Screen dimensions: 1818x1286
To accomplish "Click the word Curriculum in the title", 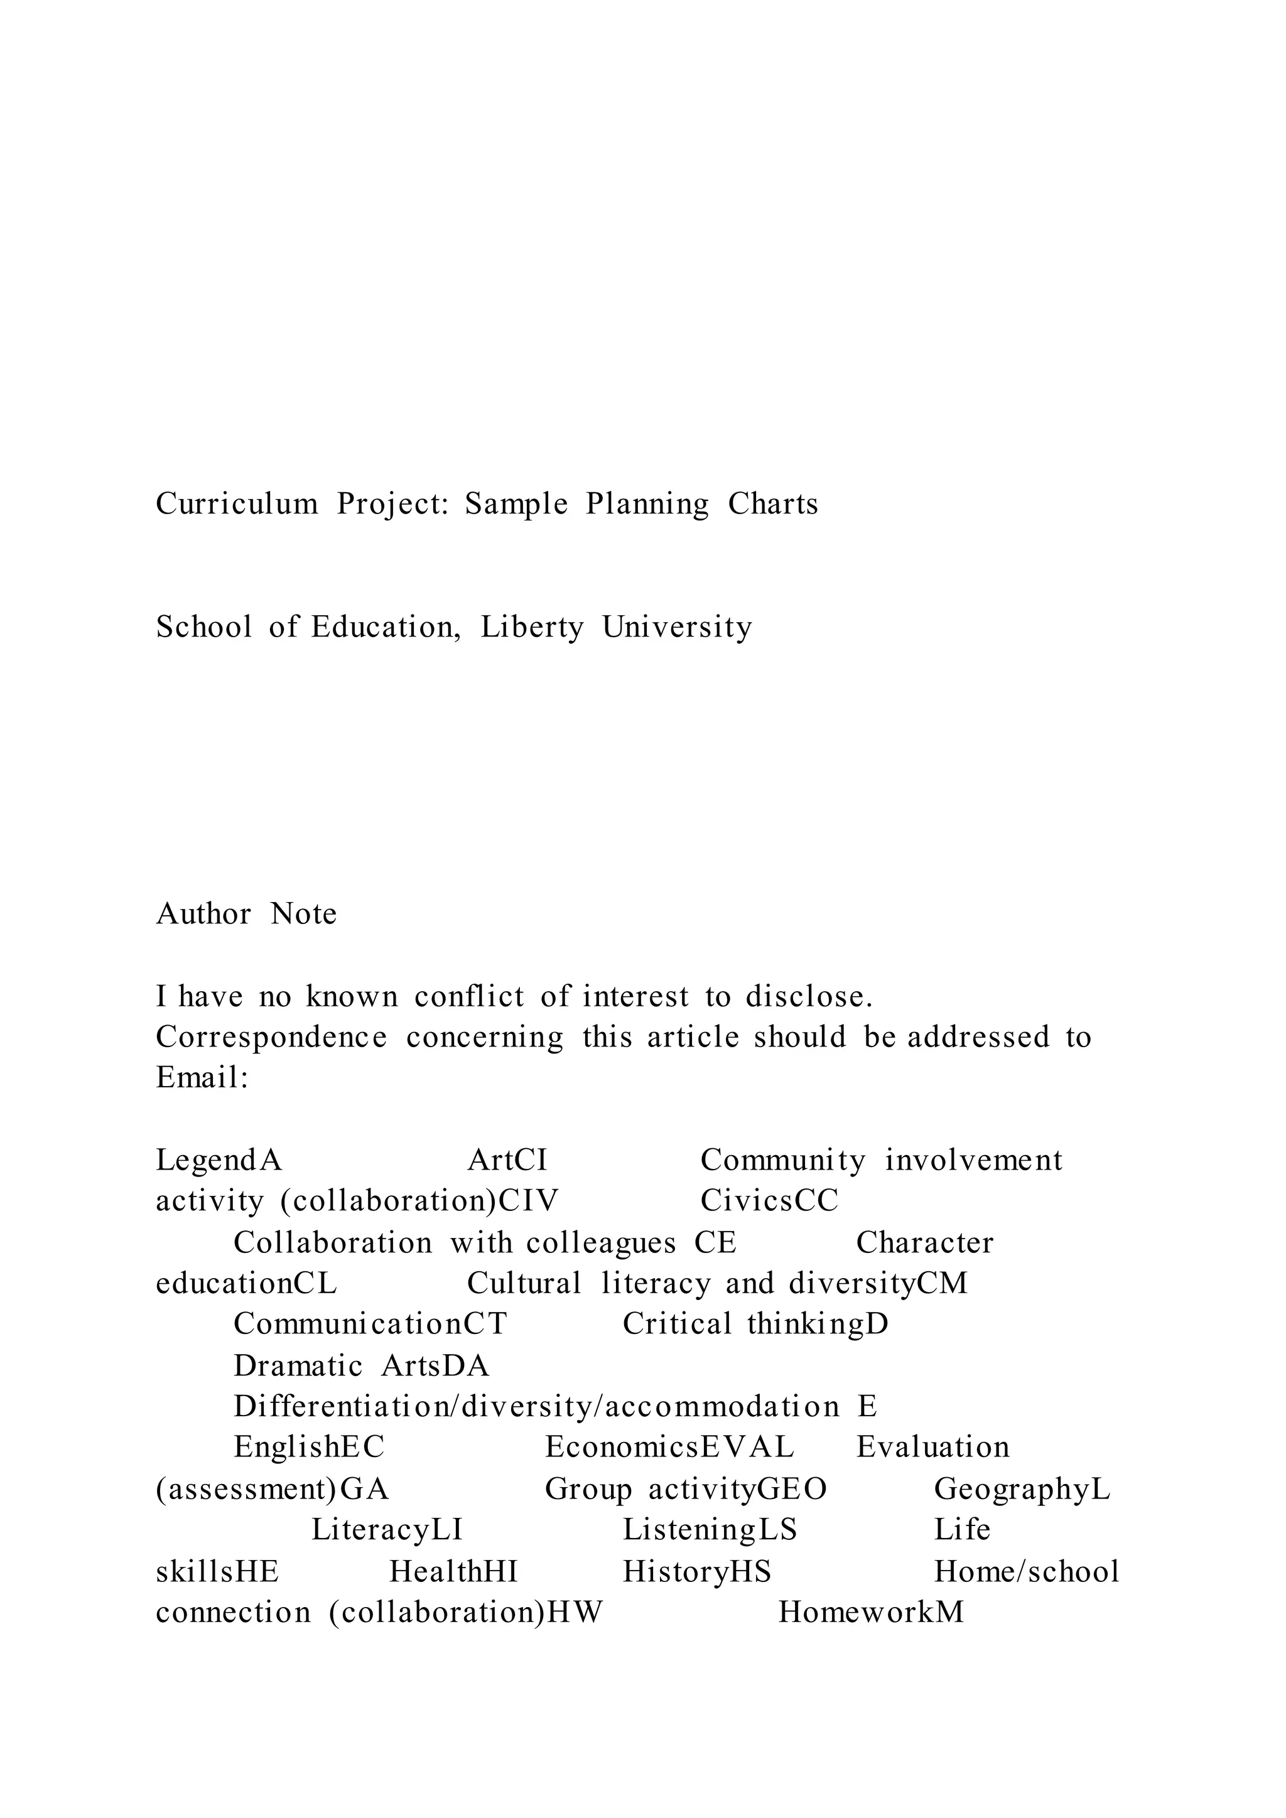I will click(x=237, y=504).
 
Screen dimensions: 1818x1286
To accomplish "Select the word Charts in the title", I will click(x=773, y=504).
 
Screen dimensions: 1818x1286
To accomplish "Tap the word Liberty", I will click(x=532, y=628).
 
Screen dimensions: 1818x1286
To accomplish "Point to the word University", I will click(x=677, y=628).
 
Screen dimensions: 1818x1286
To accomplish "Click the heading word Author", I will click(x=203, y=915).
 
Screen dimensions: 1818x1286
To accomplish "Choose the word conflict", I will click(x=469, y=997).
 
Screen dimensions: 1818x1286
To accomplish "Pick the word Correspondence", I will click(x=272, y=1037).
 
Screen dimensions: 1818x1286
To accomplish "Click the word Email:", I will click(x=203, y=1078).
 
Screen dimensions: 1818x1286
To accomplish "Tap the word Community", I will click(x=783, y=1161).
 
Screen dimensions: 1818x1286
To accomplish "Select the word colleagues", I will click(x=601, y=1243).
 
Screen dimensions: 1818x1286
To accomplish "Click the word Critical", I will click(x=677, y=1324).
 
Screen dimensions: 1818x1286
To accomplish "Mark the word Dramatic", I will click(x=298, y=1366).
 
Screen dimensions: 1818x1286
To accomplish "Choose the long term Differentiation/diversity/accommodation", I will click(x=536, y=1407).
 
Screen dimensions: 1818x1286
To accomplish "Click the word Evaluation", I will click(x=933, y=1448).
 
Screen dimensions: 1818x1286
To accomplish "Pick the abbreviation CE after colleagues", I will click(x=715, y=1243).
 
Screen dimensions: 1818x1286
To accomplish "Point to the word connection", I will click(x=234, y=1613).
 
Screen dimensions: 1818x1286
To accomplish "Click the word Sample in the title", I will click(x=516, y=504).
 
